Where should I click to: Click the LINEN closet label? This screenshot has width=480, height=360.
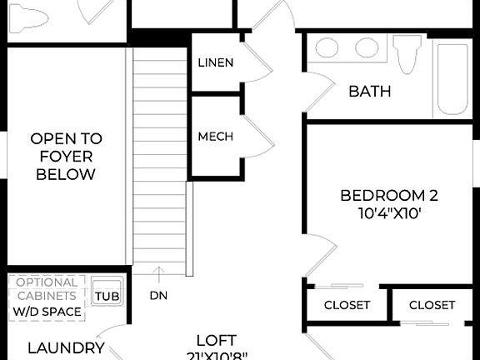(x=216, y=63)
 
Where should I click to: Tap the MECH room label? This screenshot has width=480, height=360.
(x=216, y=137)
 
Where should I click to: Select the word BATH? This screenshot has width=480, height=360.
(x=370, y=92)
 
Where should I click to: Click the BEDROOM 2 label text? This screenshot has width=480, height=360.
(x=389, y=196)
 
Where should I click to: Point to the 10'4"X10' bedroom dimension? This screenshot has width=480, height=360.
(x=389, y=212)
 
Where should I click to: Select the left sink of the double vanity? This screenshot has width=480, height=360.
(x=327, y=48)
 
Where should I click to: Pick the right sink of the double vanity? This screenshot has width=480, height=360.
(x=367, y=48)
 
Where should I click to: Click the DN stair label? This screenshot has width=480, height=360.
(x=158, y=295)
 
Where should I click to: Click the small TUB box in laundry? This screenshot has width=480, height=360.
(x=106, y=296)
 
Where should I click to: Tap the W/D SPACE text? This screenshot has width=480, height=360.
(x=47, y=312)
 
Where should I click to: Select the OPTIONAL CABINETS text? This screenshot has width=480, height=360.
(x=47, y=288)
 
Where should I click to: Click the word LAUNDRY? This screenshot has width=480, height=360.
(x=66, y=348)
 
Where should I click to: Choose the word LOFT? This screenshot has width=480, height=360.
(x=216, y=340)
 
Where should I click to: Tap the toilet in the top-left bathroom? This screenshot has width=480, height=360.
(x=32, y=18)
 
